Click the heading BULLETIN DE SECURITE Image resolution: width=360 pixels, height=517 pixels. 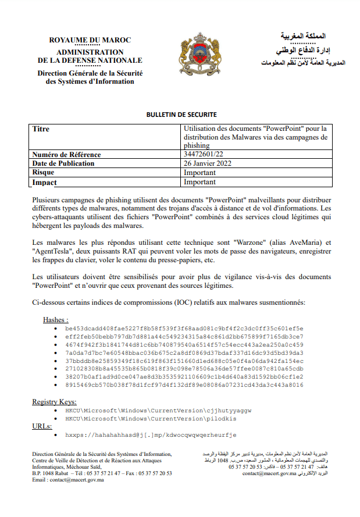(x=181, y=115)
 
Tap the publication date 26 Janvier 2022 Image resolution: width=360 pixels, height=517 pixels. (x=208, y=163)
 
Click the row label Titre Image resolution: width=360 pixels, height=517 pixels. (x=41, y=129)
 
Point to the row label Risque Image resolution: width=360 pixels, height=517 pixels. (x=44, y=173)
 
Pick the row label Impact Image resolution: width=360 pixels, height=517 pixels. (x=45, y=182)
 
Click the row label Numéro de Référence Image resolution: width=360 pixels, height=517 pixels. (x=67, y=155)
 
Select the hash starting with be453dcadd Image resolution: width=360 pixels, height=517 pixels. (x=184, y=328)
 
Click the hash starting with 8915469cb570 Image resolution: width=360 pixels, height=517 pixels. (x=184, y=384)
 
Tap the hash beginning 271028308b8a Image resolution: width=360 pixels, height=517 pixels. (x=184, y=368)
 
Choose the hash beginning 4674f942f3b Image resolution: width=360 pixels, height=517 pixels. (x=184, y=344)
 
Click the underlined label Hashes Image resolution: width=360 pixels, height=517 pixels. (x=55, y=320)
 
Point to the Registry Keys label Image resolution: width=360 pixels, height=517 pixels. (x=54, y=401)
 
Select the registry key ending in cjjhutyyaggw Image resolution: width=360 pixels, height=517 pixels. (x=158, y=410)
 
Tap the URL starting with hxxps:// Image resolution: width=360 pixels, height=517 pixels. (x=151, y=434)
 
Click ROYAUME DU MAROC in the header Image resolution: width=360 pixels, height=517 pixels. (x=90, y=40)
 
